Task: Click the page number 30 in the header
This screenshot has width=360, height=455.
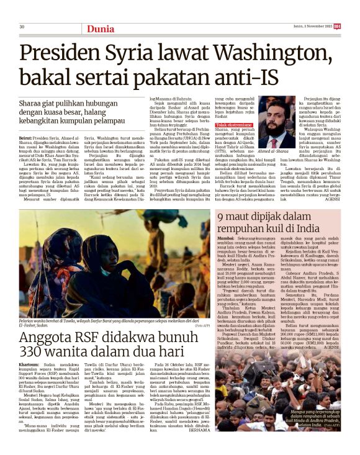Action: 22,27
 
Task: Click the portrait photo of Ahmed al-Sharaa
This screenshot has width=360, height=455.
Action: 276,120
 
